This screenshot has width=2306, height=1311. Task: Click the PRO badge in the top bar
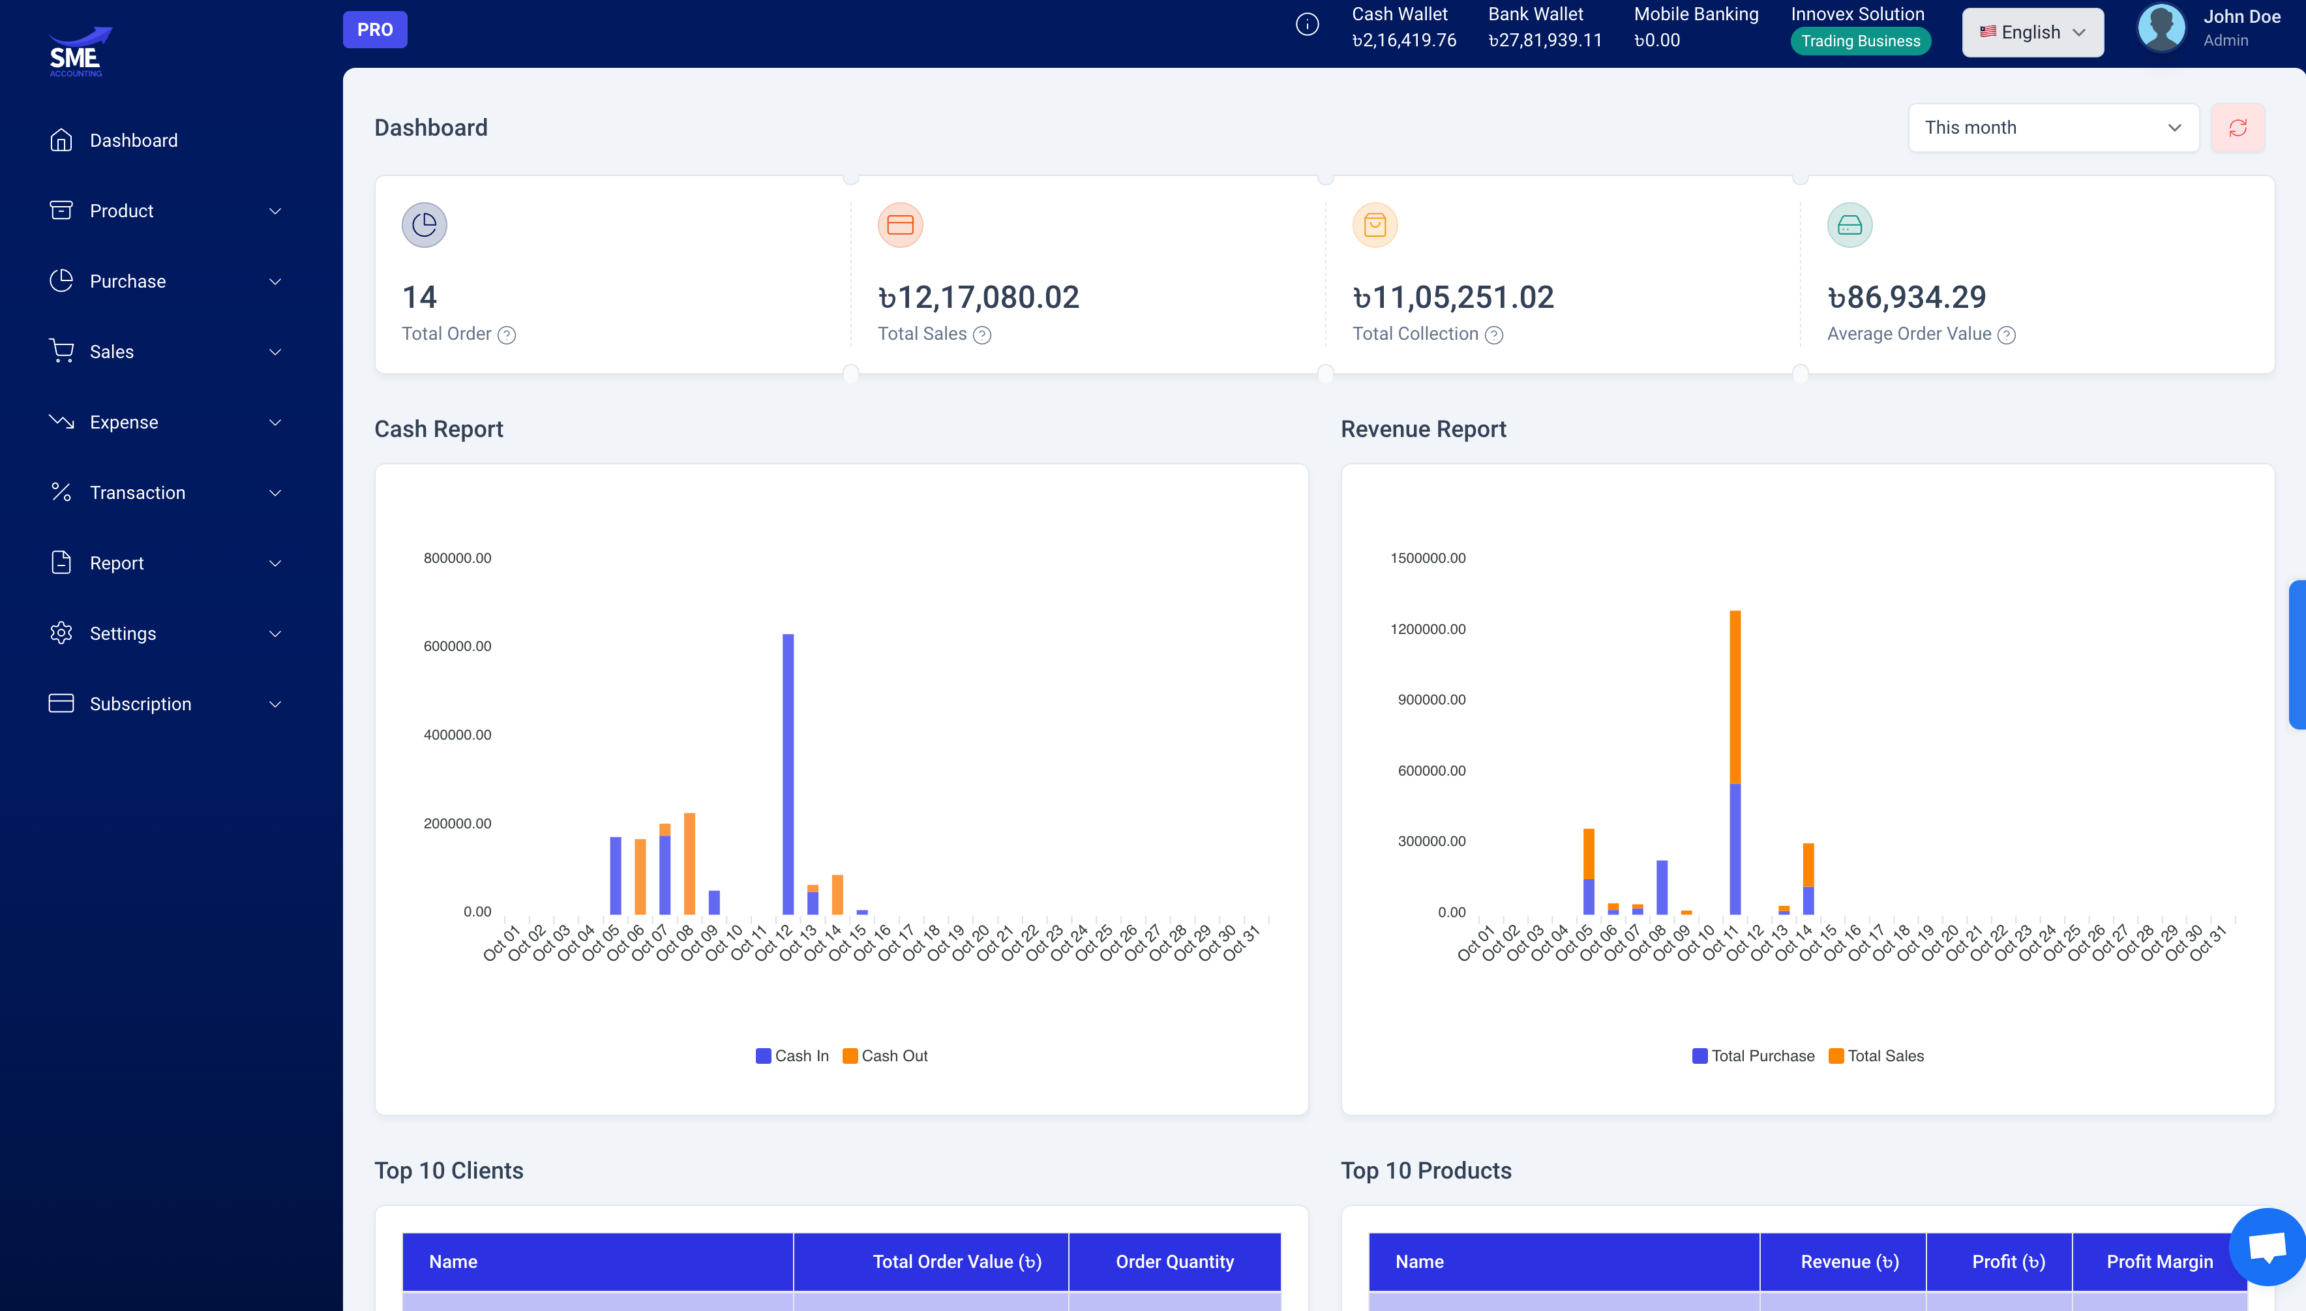point(374,30)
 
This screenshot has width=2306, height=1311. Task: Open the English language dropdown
point(2031,33)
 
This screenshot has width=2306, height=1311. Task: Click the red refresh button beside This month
point(2237,128)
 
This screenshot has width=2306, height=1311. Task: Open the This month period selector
point(2052,128)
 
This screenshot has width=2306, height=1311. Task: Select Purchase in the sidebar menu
point(128,281)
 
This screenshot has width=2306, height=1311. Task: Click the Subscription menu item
point(140,704)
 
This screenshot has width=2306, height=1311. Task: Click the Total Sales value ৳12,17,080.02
point(978,297)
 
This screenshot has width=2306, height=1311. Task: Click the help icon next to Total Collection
point(1493,335)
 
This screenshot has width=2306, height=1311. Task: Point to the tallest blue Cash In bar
point(788,774)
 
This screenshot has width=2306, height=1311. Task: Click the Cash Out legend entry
point(885,1055)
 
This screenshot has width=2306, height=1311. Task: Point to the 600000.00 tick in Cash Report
point(457,646)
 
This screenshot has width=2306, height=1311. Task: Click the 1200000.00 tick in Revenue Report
point(1428,629)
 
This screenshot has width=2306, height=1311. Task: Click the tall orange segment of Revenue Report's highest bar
point(1735,698)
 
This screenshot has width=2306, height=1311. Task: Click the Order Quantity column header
point(1174,1261)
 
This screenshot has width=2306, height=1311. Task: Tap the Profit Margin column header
point(2159,1261)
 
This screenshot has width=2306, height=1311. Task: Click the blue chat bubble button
point(2266,1246)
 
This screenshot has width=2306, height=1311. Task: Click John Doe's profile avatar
point(2161,28)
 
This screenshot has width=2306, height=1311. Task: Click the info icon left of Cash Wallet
point(1307,24)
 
